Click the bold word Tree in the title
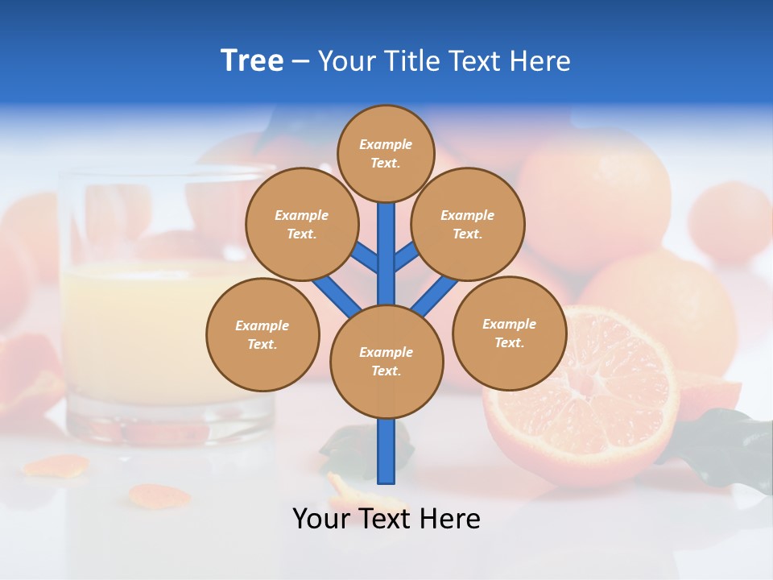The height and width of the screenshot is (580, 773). pos(252,60)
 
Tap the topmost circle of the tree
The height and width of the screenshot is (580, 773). pos(386,153)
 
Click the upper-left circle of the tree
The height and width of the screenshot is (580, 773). pos(301,224)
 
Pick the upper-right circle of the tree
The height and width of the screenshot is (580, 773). pos(468,224)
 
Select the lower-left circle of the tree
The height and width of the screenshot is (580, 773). pos(262,334)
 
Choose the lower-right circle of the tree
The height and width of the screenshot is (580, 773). pos(509,333)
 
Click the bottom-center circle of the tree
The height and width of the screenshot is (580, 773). pos(386,361)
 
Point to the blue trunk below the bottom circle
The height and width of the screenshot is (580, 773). pos(386,451)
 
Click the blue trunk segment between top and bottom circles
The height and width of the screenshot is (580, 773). pos(386,254)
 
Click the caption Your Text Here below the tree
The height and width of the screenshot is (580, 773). pos(386,519)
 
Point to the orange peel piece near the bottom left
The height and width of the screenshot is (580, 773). pos(56,465)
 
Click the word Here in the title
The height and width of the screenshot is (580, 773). pos(544,60)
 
